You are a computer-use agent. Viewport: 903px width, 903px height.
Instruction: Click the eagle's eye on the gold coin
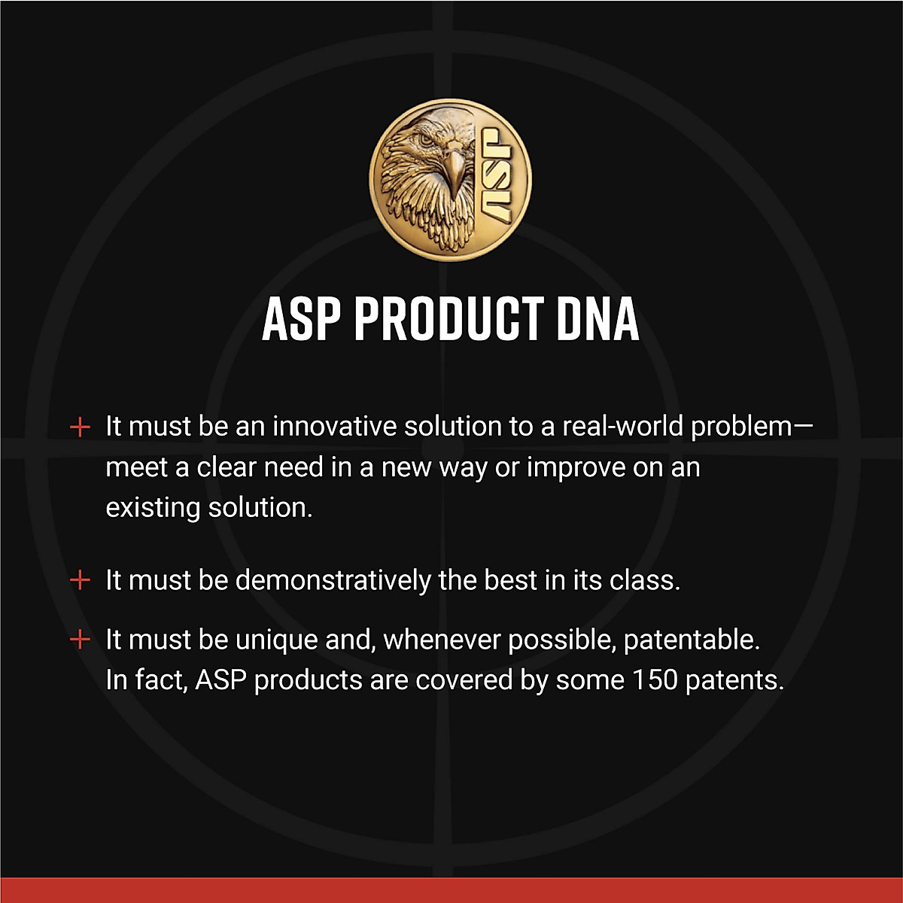(x=427, y=139)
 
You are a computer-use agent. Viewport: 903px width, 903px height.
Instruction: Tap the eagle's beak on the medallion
(x=453, y=169)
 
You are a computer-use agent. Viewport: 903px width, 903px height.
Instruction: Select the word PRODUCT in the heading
(x=449, y=319)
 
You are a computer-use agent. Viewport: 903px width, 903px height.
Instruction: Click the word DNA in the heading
(x=598, y=319)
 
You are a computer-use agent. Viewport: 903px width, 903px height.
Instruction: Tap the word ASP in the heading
(x=301, y=319)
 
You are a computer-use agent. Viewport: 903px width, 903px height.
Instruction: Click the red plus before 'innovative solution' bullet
(x=80, y=427)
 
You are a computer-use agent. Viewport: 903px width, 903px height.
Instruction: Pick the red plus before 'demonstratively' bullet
(x=80, y=580)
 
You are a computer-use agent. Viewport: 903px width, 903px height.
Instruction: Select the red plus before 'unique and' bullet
(x=80, y=640)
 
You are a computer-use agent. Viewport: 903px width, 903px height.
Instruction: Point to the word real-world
(x=623, y=426)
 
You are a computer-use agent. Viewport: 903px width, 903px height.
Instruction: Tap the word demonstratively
(x=333, y=580)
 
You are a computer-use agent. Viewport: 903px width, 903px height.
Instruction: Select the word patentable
(x=692, y=640)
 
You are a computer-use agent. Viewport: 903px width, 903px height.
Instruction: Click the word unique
(x=276, y=640)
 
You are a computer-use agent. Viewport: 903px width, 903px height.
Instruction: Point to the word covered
(x=464, y=680)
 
